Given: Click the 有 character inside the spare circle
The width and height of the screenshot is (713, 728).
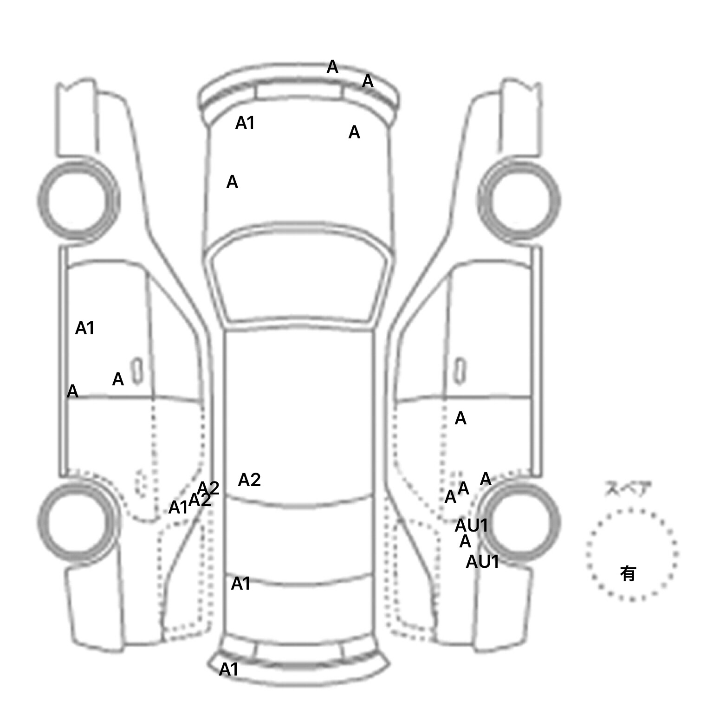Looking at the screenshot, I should (x=628, y=574).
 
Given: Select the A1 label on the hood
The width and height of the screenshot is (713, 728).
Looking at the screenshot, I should (x=245, y=123).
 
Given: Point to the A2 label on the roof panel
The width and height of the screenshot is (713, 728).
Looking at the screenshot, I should (x=249, y=480).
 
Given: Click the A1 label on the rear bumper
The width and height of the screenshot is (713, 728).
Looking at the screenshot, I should (x=228, y=669).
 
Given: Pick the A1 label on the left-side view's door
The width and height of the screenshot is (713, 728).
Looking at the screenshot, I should (x=84, y=328).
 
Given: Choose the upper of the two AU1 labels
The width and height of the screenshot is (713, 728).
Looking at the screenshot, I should (x=471, y=526).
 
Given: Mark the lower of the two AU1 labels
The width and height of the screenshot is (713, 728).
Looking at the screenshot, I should (x=482, y=562).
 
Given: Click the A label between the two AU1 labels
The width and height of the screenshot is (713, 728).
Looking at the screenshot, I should (x=465, y=542).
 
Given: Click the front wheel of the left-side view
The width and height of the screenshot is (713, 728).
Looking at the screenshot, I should (x=78, y=201).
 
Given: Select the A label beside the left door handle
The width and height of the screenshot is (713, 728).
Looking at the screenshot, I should (x=118, y=379).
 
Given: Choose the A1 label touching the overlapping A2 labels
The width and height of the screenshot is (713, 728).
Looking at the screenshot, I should (x=177, y=507).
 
